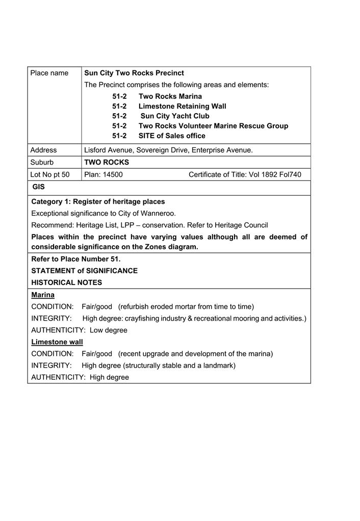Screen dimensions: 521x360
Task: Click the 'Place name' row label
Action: click(49, 73)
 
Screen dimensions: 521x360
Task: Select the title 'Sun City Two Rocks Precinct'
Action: click(134, 73)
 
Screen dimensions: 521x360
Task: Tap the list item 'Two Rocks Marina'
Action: click(170, 96)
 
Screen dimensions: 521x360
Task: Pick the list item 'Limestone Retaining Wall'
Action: click(182, 106)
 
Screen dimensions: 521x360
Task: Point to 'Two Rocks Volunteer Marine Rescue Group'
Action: click(213, 126)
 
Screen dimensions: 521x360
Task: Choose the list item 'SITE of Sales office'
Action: click(172, 136)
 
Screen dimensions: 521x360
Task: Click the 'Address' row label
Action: click(43, 150)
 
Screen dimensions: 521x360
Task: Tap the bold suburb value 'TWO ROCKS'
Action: click(107, 162)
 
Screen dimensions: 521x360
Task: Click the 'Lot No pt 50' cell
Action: click(50, 174)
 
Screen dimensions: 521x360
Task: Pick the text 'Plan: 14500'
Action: click(104, 174)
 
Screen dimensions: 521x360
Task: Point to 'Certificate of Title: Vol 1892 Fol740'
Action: click(245, 174)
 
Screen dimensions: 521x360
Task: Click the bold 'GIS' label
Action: click(38, 187)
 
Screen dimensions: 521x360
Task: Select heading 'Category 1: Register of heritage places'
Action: click(98, 201)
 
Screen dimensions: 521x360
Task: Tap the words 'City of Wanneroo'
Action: click(147, 213)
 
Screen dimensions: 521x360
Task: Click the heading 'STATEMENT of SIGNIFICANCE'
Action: click(84, 271)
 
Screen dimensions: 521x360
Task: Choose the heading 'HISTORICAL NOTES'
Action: click(66, 282)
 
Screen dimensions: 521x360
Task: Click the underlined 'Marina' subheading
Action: click(43, 295)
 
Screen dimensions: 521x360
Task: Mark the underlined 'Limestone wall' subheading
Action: click(57, 342)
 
